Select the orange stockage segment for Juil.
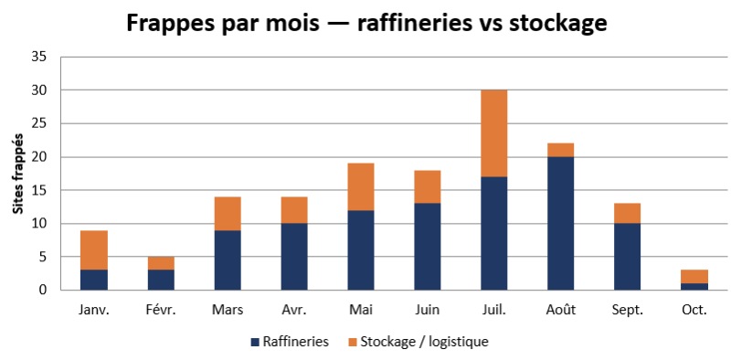pos(494,133)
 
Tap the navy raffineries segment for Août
pos(561,223)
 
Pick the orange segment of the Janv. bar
pos(95,250)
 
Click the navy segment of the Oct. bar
pos(694,287)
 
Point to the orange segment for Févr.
pos(162,263)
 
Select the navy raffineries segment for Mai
pos(361,250)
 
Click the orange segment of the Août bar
pos(561,150)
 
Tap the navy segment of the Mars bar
pos(228,260)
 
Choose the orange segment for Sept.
pos(628,214)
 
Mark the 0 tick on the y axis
pos(43,290)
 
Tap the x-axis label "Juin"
pos(428,310)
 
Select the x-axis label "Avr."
pos(294,310)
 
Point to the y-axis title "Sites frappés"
pos(17,174)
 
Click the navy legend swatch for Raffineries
pos(255,343)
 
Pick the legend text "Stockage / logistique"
pos(424,343)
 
